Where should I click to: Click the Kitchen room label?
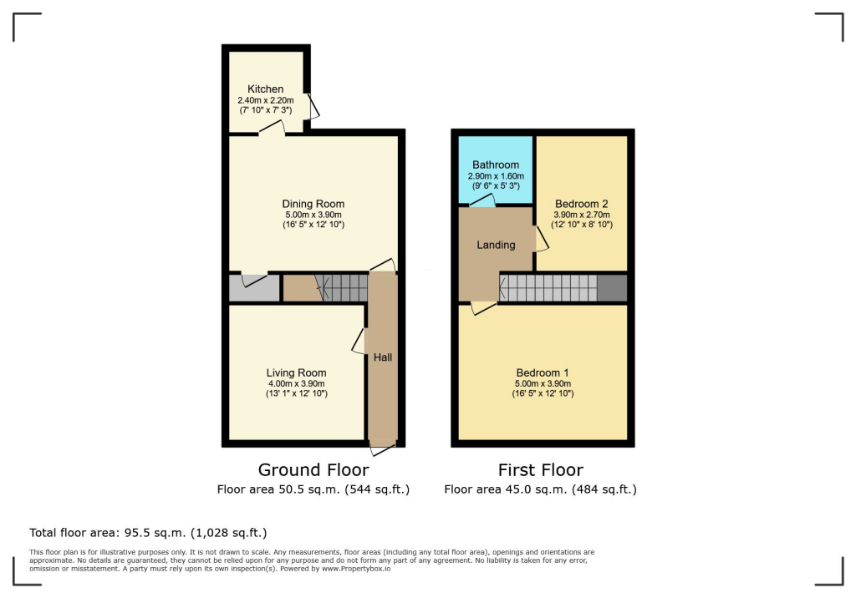[x=265, y=89]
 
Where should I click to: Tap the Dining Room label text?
[x=313, y=204]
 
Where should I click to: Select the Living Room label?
[x=296, y=372]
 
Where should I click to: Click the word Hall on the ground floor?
[x=382, y=357]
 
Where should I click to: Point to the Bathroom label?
[x=496, y=165]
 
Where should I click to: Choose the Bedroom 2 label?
[x=581, y=204]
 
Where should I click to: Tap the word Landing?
[x=496, y=245]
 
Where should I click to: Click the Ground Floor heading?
[x=313, y=470]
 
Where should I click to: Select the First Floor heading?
[x=540, y=470]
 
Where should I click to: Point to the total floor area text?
[x=148, y=532]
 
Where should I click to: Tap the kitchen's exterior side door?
[x=313, y=106]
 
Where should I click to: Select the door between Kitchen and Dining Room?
[x=271, y=128]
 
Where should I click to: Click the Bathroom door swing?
[x=481, y=200]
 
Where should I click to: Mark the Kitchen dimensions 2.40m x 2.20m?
[x=265, y=99]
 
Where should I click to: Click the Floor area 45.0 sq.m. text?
[x=540, y=489]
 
